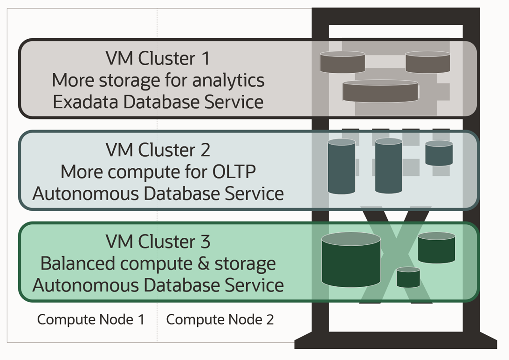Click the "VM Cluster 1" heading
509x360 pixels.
coord(158,59)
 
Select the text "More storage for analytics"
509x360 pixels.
coord(158,80)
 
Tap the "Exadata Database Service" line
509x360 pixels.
coord(158,102)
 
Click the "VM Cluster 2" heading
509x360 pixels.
coord(158,150)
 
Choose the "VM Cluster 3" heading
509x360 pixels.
coord(158,242)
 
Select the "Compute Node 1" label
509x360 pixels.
coord(91,319)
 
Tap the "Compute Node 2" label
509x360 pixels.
coord(220,319)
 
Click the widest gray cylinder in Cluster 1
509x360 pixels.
coord(380,91)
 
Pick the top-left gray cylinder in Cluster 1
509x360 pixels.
coord(342,62)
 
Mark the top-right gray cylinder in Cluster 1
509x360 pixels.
coord(427,62)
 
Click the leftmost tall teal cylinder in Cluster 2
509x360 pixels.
coord(341,166)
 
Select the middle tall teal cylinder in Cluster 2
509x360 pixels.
coord(388,166)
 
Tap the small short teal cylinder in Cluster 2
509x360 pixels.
coord(439,153)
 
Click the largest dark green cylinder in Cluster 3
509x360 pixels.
coord(351,260)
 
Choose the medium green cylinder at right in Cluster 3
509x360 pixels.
coord(436,248)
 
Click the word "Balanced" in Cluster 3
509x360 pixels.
coord(77,263)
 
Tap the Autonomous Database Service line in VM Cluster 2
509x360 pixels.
coord(158,193)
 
